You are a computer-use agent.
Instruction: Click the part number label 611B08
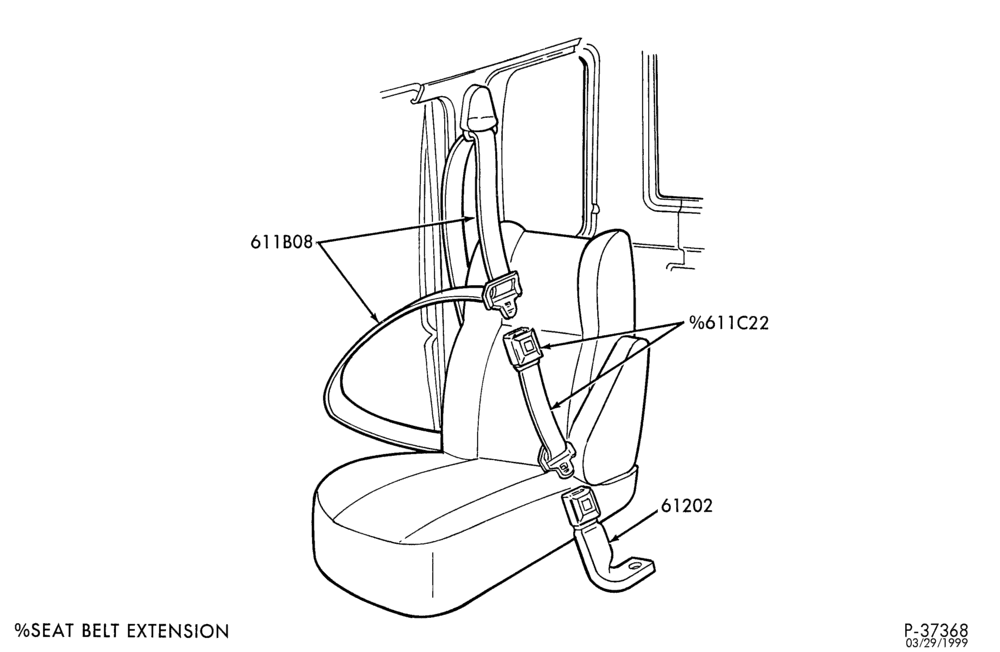coord(281,242)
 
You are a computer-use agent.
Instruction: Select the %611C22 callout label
coord(728,323)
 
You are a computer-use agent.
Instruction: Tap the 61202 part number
coord(686,506)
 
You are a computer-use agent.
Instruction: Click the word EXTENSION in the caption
coord(178,632)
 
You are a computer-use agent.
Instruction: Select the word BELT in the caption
coord(101,632)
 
